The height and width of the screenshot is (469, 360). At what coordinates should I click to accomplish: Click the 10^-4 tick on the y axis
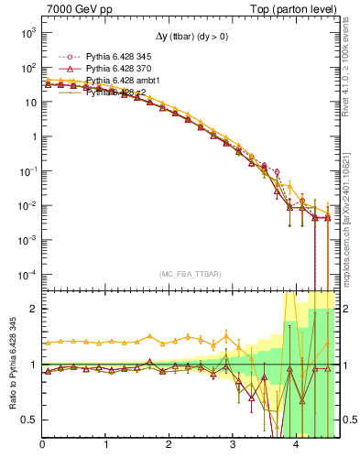[26, 274]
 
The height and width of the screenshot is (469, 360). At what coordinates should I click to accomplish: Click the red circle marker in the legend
[59, 58]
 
